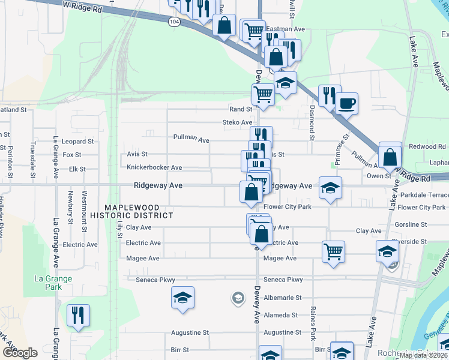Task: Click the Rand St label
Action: [240, 109]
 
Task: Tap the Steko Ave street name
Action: [237, 122]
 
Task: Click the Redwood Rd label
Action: [427, 147]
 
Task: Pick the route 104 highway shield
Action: [174, 21]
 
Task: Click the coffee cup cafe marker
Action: [347, 103]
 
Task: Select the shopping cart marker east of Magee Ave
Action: [334, 251]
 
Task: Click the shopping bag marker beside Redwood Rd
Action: [390, 157]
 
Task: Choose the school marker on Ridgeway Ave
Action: [330, 187]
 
